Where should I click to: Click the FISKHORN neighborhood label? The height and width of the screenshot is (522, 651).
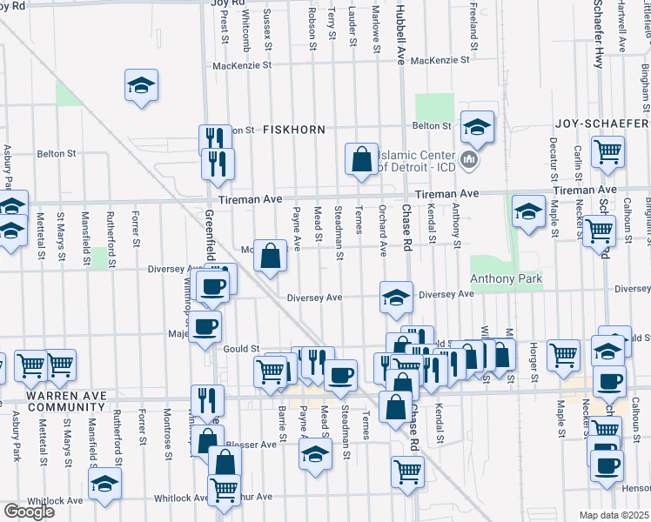294,130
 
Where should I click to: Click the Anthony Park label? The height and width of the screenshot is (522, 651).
506,279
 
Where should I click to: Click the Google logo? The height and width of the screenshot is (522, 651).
29,512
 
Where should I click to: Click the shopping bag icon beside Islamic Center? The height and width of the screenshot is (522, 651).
361,159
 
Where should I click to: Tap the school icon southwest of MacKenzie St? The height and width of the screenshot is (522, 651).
141,85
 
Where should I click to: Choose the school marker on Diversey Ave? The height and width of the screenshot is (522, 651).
395,297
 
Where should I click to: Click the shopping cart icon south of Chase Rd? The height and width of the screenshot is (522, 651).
406,471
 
